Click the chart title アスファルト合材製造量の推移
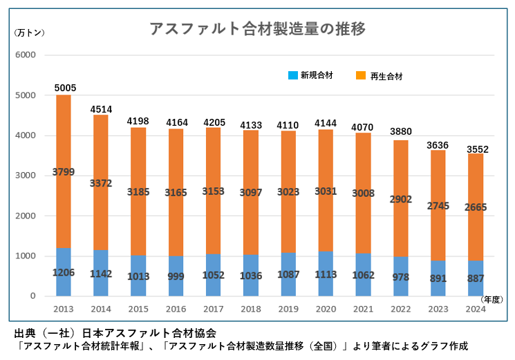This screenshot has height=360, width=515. tap(257, 29)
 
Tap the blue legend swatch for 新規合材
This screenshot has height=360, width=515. tap(292, 75)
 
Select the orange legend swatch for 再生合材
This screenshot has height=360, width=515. tap(361, 75)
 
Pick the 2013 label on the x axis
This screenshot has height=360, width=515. tap(64, 308)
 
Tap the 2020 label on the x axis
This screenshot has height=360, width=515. tap(325, 308)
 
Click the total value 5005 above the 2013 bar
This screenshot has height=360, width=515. tap(64, 88)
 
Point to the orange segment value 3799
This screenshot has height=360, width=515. tap(64, 171)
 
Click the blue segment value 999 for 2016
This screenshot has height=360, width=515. tap(176, 275)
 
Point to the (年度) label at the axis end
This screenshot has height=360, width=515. tap(492, 299)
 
